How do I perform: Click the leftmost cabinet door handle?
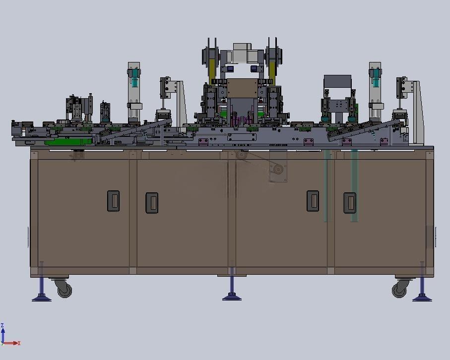(113, 201)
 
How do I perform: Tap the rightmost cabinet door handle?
(350, 203)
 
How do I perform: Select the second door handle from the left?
(152, 203)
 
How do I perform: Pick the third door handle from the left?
(313, 201)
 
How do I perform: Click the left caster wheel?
(64, 289)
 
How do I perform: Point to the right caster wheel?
(400, 289)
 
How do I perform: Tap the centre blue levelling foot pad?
(232, 297)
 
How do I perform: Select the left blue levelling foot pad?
(42, 298)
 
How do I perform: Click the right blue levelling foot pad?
(422, 298)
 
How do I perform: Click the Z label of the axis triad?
(2, 325)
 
